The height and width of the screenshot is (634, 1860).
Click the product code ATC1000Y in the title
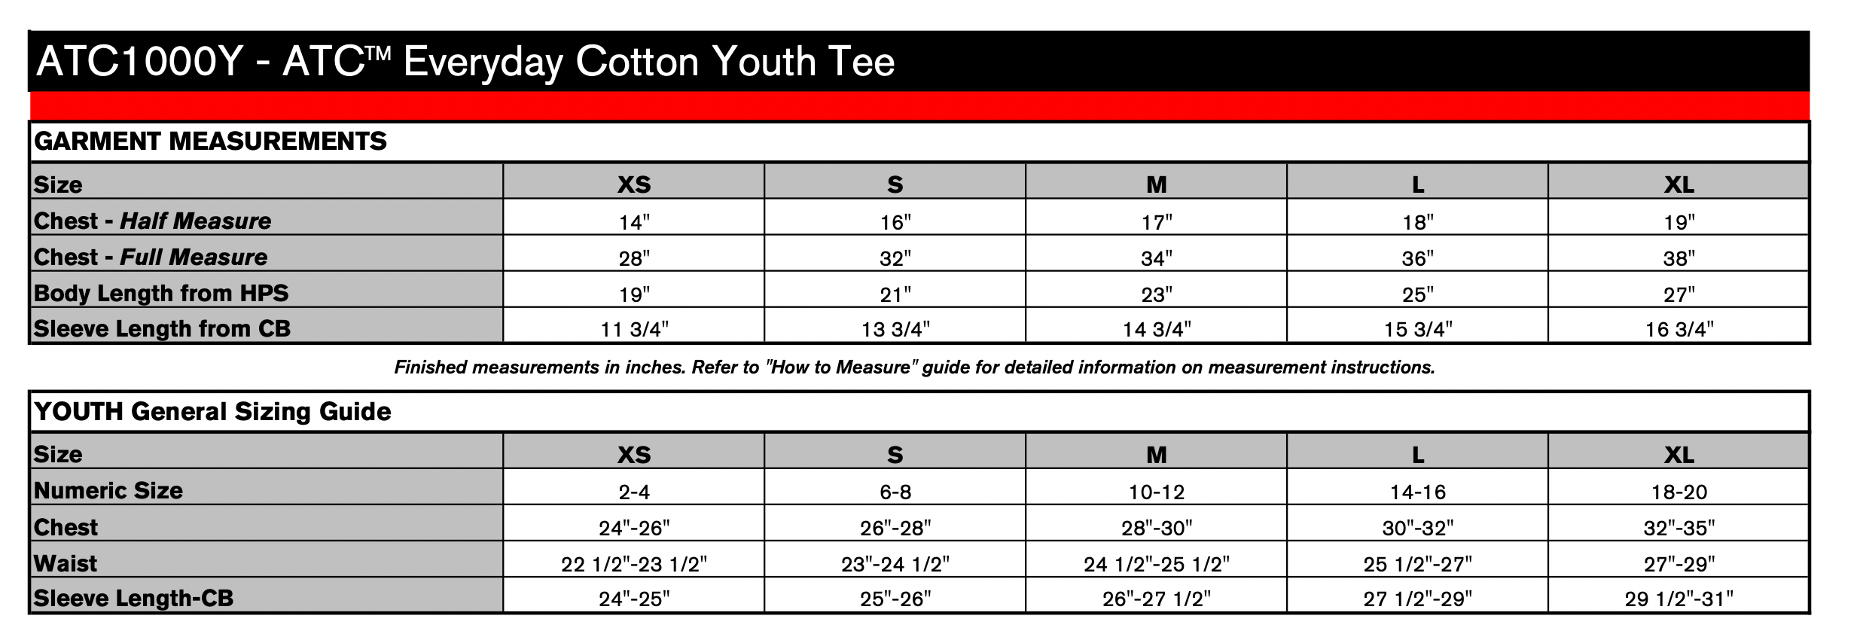point(139,62)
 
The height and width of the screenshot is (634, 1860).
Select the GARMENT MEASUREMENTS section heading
point(210,142)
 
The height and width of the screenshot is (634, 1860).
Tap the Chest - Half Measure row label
point(152,221)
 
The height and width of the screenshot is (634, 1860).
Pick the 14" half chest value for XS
point(634,222)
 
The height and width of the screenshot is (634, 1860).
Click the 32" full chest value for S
point(895,258)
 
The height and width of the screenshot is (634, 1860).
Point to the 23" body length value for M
point(1157,294)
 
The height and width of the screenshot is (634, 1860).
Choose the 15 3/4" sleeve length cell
point(1418,329)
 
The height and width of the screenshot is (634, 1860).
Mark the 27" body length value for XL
point(1679,294)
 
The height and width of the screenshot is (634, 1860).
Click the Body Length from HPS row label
point(161,293)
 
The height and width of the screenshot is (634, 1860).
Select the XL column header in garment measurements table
point(1679,184)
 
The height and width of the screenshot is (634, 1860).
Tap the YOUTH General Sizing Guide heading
point(212,412)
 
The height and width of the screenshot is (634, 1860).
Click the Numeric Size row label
point(108,491)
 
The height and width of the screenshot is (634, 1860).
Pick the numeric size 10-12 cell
point(1157,492)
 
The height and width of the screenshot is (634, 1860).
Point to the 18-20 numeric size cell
point(1679,492)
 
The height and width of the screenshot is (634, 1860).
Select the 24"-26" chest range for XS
point(634,528)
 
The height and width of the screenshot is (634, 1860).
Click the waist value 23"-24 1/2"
point(895,564)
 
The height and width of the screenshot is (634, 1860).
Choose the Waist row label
point(66,563)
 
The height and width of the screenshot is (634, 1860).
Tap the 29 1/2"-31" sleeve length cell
point(1679,599)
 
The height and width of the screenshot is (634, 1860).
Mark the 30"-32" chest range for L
point(1418,528)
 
